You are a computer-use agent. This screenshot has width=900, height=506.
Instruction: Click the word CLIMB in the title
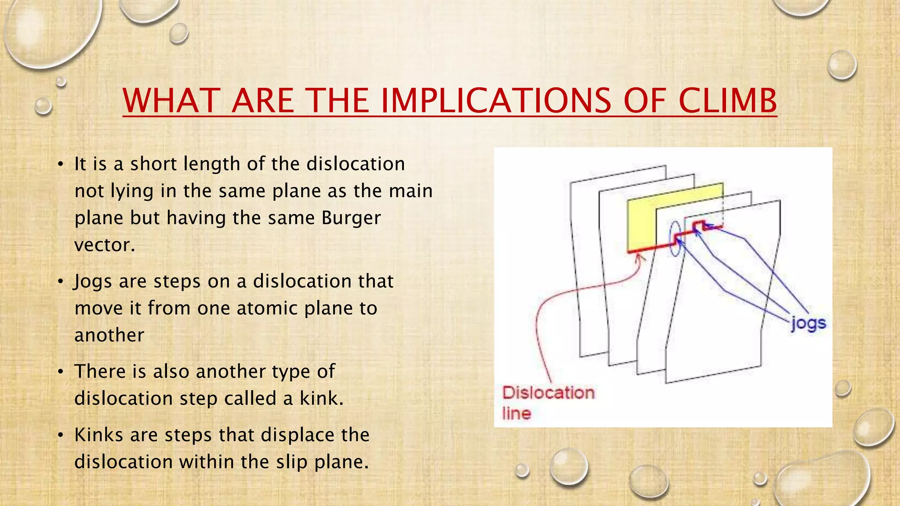click(727, 101)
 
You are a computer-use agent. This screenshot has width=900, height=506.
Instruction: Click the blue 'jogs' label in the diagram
click(809, 324)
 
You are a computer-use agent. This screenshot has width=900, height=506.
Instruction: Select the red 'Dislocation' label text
click(548, 392)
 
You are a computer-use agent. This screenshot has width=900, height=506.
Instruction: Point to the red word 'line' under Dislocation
click(517, 413)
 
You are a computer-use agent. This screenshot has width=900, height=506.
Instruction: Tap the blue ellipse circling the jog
click(675, 239)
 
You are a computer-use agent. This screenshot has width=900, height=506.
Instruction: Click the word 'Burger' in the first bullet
click(351, 218)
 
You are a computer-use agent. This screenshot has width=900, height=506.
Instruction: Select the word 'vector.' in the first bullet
click(105, 245)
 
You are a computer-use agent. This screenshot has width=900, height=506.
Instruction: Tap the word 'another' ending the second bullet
click(109, 335)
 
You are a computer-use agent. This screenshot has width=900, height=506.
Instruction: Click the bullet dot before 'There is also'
click(61, 372)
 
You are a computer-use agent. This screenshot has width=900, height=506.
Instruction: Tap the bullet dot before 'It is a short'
click(61, 165)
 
